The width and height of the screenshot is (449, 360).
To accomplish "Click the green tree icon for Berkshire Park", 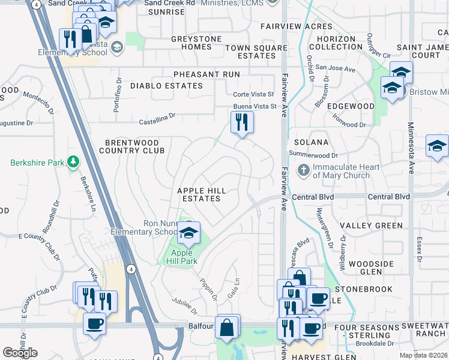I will tap(73, 162).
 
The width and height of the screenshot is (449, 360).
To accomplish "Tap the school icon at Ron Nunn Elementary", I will tap(189, 233).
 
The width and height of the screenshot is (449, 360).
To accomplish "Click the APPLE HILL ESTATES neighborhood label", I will tap(202, 194).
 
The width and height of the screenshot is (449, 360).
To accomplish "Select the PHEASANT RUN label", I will tap(206, 74).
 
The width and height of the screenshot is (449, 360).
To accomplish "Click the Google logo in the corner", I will tap(20, 352).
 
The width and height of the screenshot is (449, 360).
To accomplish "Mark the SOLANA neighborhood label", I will tap(312, 142).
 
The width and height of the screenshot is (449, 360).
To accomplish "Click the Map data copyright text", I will tap(423, 355).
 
